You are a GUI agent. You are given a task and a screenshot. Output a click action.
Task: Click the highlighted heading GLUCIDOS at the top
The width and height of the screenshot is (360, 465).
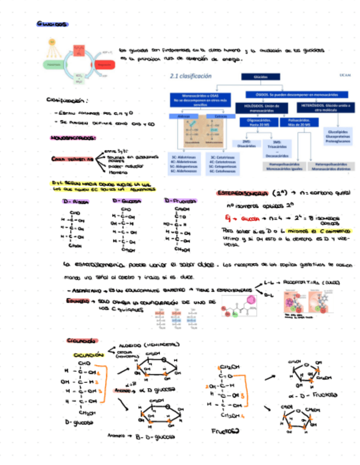pos(53,24)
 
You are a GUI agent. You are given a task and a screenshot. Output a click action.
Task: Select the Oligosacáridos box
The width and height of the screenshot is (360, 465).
pos(258,123)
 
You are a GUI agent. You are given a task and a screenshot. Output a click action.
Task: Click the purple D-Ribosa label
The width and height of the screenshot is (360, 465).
pos(76,202)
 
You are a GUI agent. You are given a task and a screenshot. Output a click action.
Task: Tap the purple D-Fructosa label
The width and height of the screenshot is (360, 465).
pos(180,201)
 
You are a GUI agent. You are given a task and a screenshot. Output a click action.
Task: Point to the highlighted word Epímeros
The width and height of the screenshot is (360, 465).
pos(75,302)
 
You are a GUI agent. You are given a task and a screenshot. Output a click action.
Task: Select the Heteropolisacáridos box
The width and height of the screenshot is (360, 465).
pos(330,166)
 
